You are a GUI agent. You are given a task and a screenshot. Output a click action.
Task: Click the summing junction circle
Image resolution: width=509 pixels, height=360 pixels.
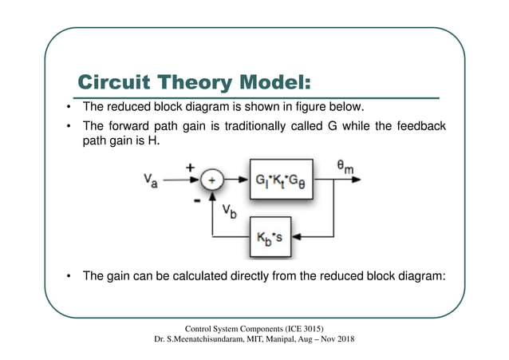(211, 180)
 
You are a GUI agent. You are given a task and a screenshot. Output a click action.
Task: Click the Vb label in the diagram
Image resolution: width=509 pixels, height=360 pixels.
(229, 213)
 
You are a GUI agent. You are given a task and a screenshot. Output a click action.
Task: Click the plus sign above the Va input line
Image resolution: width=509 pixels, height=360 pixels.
(191, 168)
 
